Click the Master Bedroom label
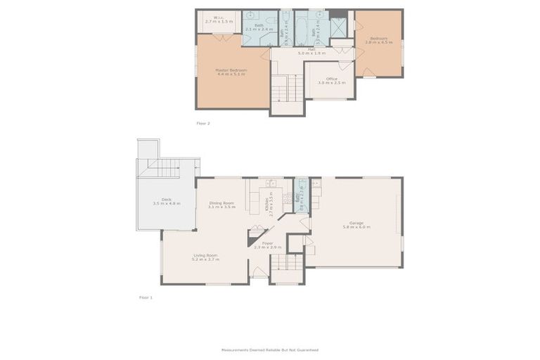[231, 72]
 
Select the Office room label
[331, 80]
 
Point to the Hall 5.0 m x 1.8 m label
[311, 51]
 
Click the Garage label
[356, 224]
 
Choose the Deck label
[166, 201]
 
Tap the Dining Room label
[221, 205]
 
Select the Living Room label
[205, 257]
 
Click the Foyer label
[267, 245]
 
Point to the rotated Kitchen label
[267, 204]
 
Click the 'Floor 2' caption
[203, 123]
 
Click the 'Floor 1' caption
[146, 297]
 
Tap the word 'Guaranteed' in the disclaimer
[307, 349]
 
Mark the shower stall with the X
[338, 27]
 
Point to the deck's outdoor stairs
[166, 168]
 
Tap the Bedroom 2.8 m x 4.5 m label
[378, 41]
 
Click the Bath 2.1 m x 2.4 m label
[259, 27]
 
